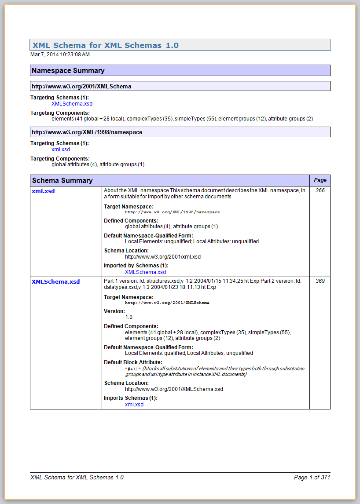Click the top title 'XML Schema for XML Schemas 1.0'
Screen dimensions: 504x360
click(x=105, y=45)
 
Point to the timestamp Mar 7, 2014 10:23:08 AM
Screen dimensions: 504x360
click(x=60, y=55)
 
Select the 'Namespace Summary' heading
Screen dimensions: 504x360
click(x=68, y=70)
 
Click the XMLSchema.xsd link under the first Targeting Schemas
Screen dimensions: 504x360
click(x=72, y=104)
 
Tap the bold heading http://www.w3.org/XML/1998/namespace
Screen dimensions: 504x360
click(x=87, y=132)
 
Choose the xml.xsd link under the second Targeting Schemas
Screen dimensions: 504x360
click(x=61, y=150)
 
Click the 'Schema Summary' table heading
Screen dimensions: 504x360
click(x=62, y=180)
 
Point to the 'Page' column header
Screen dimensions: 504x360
click(x=320, y=180)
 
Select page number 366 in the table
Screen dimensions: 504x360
click(x=320, y=190)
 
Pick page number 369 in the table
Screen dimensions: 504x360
click(x=320, y=281)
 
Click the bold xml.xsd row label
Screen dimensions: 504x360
click(x=43, y=191)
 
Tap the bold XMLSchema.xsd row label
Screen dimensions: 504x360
click(x=55, y=281)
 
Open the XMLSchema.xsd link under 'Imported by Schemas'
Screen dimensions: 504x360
click(x=145, y=272)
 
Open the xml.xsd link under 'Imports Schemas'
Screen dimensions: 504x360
click(x=134, y=404)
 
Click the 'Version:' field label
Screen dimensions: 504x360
click(x=114, y=311)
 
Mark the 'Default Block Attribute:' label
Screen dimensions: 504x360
click(x=133, y=362)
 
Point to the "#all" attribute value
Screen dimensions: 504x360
click(x=133, y=369)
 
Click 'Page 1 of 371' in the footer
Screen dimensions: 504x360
click(x=312, y=477)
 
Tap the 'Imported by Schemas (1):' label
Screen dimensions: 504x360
click(x=136, y=266)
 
